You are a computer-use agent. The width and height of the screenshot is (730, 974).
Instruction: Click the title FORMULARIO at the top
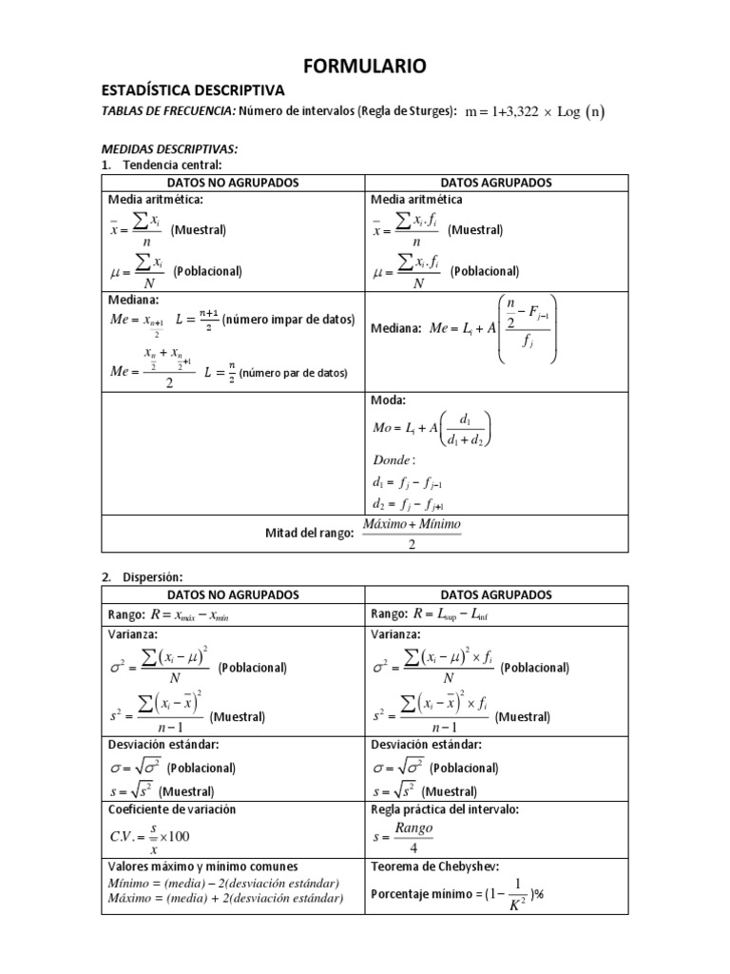coord(365,66)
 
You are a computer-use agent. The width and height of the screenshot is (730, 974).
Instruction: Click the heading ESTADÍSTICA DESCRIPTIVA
coord(193,90)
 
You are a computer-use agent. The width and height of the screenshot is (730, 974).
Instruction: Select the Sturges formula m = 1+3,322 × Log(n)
coord(534,111)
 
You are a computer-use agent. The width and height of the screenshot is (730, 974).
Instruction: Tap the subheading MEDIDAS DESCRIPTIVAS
coord(169,149)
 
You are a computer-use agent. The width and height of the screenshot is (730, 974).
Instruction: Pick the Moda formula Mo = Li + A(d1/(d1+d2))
coord(432,428)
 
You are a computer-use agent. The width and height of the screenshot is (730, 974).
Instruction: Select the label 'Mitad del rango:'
coord(308,534)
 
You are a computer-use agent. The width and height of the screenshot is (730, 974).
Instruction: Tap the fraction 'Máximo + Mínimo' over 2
coord(411,534)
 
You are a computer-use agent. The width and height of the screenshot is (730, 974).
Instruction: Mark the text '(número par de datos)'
coord(293,372)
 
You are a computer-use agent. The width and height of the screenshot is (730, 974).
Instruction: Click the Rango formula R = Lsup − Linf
coord(451,614)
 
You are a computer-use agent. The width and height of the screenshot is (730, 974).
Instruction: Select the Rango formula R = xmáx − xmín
coord(189,614)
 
